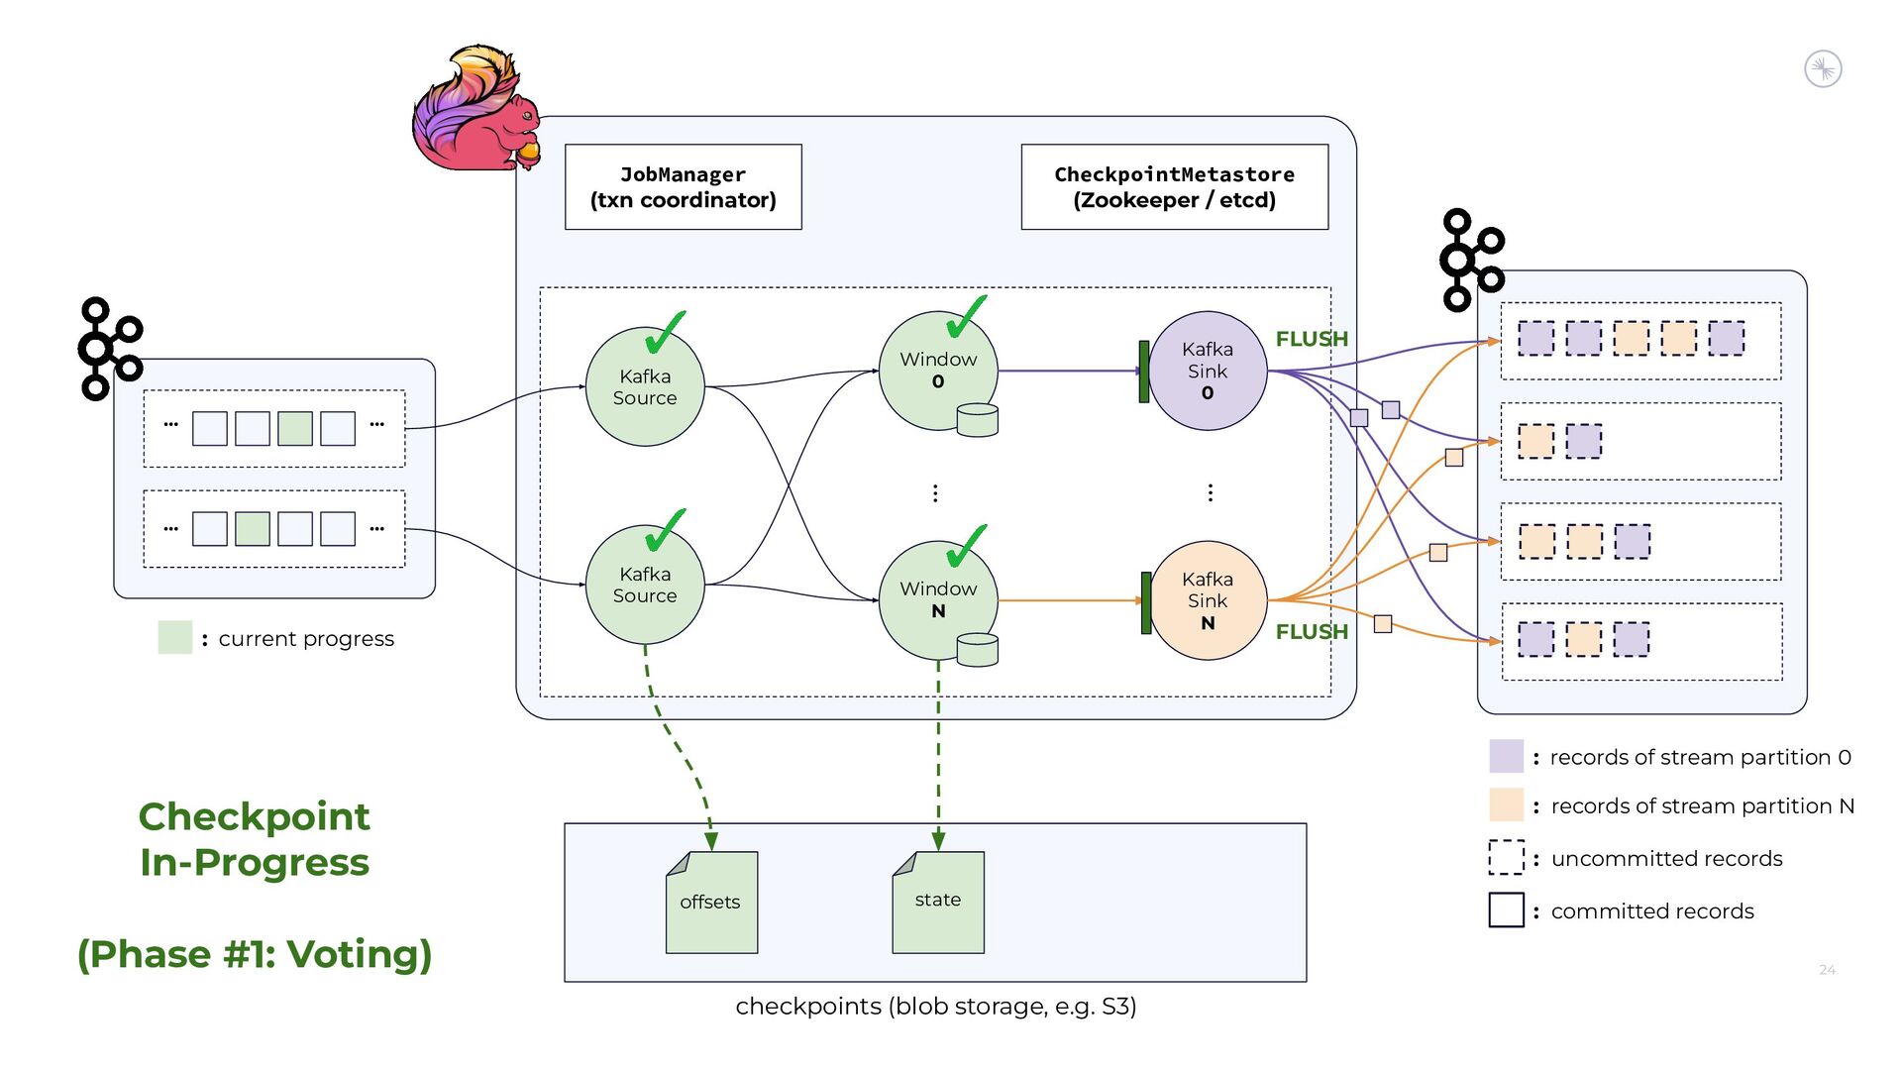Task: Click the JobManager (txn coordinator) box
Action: tap(683, 187)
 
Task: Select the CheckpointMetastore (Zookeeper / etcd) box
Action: tap(1174, 187)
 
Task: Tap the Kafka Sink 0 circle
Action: tap(1208, 371)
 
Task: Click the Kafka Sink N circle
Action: tap(1208, 600)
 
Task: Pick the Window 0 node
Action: tap(937, 371)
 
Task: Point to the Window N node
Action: tap(937, 600)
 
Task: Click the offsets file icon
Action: tap(711, 902)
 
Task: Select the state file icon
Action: tap(938, 902)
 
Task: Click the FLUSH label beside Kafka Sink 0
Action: tap(1312, 339)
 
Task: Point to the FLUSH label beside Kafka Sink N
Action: tap(1312, 632)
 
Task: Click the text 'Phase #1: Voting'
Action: tap(255, 954)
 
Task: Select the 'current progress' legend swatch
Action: tap(175, 638)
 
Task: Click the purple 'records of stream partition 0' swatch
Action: tap(1506, 756)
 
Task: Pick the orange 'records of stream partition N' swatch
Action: tap(1506, 805)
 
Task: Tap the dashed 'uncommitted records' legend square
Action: tap(1506, 858)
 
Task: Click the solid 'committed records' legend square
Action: tap(1506, 909)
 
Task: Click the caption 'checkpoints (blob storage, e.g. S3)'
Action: tap(935, 1007)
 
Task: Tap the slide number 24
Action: tap(1827, 970)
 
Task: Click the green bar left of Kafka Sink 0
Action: tap(1144, 372)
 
